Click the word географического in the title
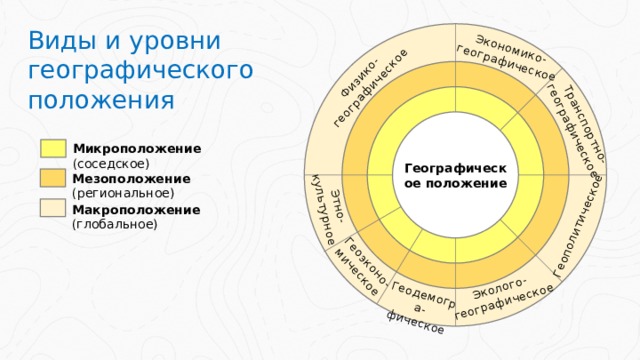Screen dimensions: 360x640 click(x=140, y=72)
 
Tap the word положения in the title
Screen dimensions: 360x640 click(x=102, y=101)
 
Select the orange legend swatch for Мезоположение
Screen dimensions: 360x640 click(x=55, y=179)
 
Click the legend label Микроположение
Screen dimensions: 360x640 click(x=137, y=148)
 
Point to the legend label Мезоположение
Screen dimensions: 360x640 click(x=131, y=178)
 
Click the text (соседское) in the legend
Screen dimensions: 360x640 click(x=111, y=162)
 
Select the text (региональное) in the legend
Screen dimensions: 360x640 click(x=123, y=192)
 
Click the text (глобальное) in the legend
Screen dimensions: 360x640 click(x=115, y=224)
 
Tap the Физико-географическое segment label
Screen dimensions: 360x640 click(x=371, y=89)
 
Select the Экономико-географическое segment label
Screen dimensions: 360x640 click(x=507, y=58)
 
